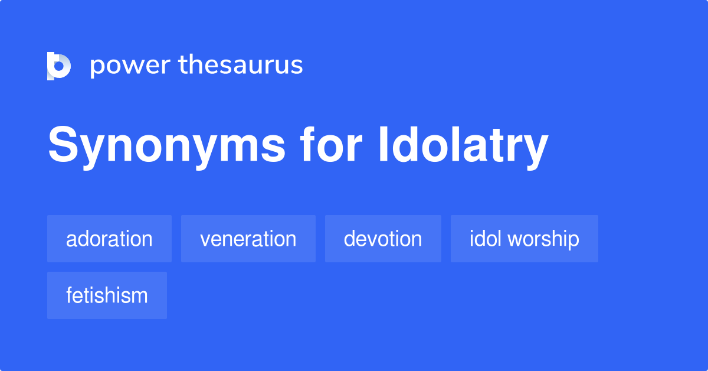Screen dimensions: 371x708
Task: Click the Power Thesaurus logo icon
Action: click(x=58, y=66)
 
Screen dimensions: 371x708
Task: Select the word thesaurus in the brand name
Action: click(x=241, y=65)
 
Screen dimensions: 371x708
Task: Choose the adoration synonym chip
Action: click(x=109, y=239)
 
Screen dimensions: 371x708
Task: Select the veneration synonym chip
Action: click(x=248, y=239)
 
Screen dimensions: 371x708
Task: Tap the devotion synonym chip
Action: click(x=383, y=239)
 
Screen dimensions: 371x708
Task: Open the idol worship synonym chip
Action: click(x=524, y=239)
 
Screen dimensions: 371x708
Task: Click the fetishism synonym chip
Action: click(x=107, y=295)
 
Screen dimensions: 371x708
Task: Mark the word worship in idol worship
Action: click(x=543, y=239)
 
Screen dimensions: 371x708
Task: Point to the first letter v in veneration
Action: click(x=205, y=240)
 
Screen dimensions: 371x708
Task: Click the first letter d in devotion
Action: click(x=350, y=239)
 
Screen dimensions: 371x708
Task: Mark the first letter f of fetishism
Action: click(x=69, y=295)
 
